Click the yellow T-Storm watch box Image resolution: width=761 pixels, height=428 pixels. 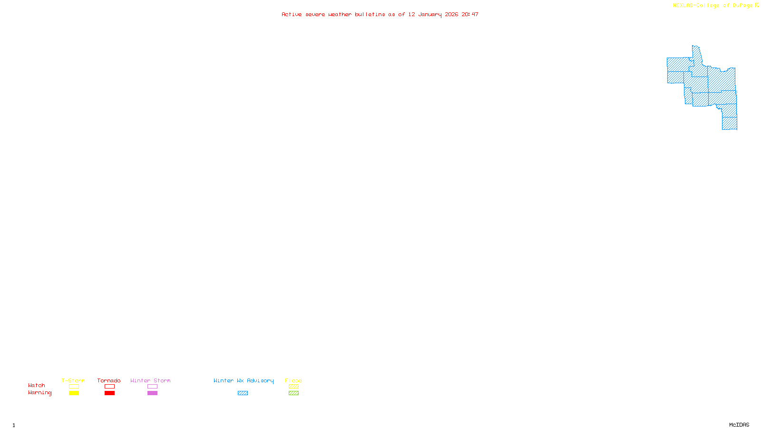74,387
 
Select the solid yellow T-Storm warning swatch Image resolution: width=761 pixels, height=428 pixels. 74,393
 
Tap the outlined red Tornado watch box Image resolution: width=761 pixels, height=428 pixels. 109,387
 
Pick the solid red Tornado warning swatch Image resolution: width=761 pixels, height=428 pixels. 109,393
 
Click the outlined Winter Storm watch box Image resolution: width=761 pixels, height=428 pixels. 152,387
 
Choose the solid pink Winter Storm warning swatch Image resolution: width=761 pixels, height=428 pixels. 152,393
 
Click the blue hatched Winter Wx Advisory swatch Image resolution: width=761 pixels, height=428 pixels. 243,393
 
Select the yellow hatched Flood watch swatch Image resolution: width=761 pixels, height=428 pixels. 293,387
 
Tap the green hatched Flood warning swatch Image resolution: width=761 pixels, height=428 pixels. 293,393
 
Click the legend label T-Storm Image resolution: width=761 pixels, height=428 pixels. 73,380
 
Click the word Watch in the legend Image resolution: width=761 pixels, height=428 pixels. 37,385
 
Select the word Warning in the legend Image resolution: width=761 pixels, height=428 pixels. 40,393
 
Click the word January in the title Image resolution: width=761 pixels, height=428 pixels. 430,14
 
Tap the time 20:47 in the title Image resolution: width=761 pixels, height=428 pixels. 470,14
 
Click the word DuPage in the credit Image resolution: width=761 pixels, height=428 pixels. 742,6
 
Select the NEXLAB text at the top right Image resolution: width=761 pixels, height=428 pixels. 683,6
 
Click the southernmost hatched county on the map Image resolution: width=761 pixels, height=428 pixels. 730,123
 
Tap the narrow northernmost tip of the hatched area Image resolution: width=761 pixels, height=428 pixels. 696,49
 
